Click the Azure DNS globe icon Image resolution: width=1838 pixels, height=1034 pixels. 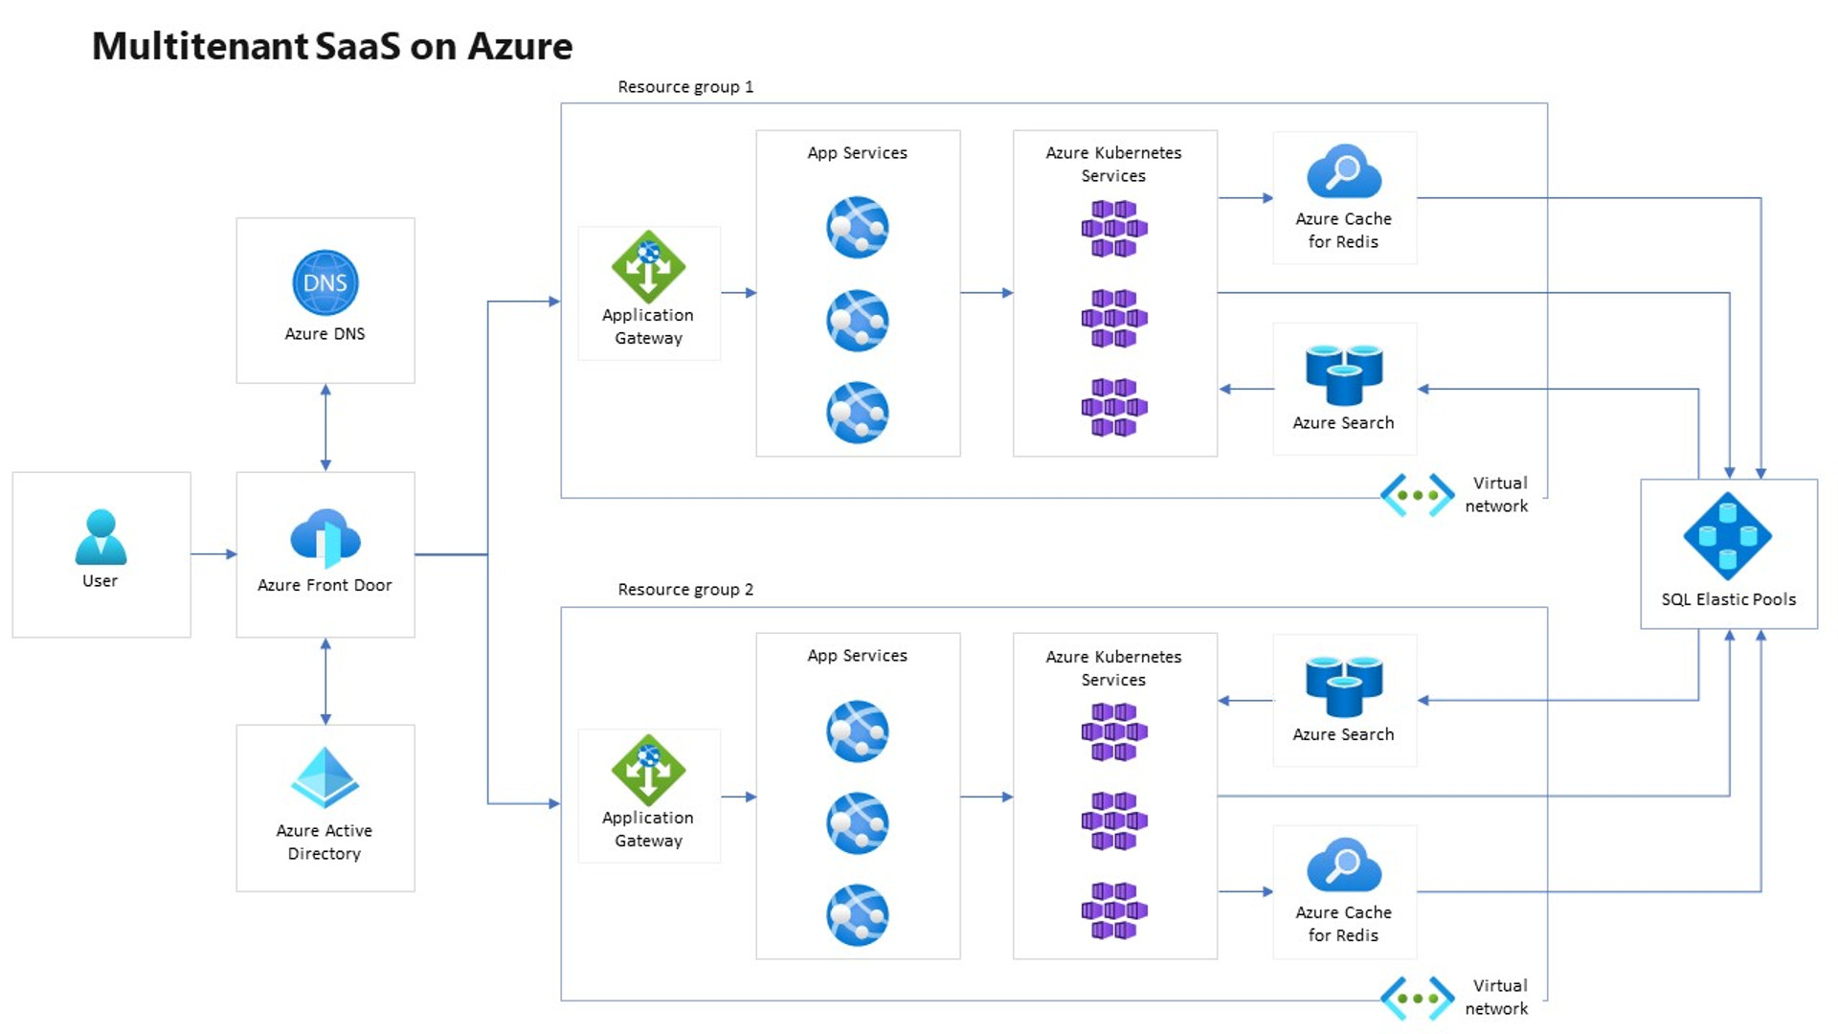[x=325, y=282]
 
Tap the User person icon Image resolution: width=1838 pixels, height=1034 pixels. [x=101, y=537]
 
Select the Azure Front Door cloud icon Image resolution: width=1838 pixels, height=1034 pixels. [x=325, y=538]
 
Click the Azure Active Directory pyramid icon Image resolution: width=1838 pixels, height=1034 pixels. [x=325, y=777]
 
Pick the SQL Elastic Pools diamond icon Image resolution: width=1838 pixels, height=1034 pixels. [x=1727, y=536]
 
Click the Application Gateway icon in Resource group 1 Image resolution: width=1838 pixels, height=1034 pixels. [x=648, y=266]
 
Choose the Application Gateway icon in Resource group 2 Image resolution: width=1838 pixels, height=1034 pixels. [x=648, y=770]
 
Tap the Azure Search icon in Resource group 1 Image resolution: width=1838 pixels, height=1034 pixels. [x=1343, y=374]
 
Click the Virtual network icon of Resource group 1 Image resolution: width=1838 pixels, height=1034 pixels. [x=1417, y=495]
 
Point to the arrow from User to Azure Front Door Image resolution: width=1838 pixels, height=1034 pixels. [x=213, y=553]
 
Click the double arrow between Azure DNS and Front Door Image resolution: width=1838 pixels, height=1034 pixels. [x=325, y=427]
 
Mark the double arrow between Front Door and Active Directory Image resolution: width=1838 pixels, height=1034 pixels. [x=325, y=681]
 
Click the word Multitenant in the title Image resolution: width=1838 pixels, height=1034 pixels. [x=200, y=46]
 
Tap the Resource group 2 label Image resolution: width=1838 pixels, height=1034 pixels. [x=685, y=590]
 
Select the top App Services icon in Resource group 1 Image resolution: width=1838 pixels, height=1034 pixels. [x=857, y=227]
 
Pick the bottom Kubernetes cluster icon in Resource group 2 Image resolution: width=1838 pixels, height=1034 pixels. [x=1113, y=910]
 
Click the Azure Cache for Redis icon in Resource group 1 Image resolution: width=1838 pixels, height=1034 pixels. [x=1343, y=171]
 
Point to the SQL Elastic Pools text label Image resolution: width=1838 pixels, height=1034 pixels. [x=1728, y=599]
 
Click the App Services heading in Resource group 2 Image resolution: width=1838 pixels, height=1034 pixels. [x=857, y=656]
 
